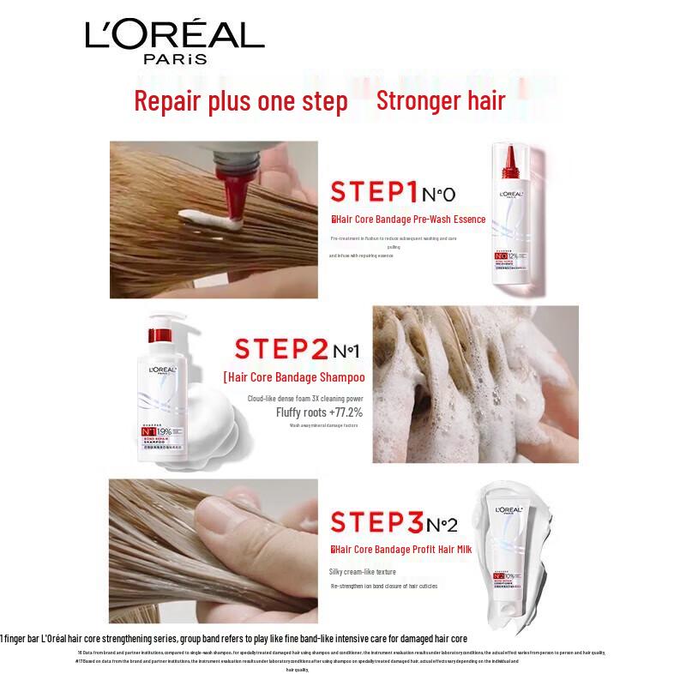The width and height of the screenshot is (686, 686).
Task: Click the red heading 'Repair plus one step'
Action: [x=241, y=101]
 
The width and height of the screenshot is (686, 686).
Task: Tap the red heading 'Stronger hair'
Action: [x=441, y=101]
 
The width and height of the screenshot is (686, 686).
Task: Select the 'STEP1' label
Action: [x=374, y=191]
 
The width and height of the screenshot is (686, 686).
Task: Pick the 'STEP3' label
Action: [x=374, y=522]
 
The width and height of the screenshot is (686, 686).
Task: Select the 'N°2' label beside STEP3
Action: [x=442, y=524]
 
